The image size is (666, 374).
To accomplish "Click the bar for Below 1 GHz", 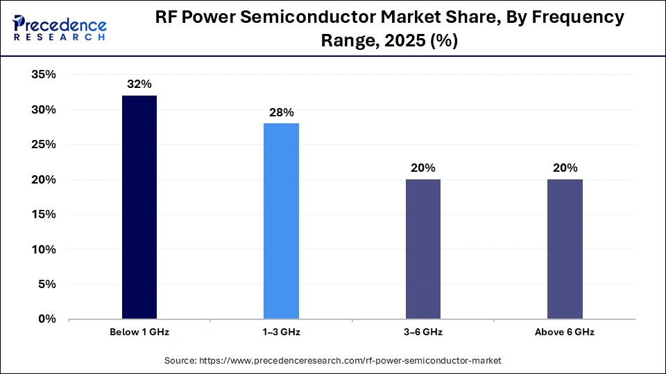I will [x=139, y=207].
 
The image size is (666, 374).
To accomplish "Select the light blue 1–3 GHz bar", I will [x=281, y=221].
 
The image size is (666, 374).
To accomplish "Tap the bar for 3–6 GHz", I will [x=422, y=249].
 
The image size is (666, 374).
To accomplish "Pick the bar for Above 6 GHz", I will [x=565, y=249].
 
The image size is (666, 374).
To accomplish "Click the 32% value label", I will [x=139, y=84].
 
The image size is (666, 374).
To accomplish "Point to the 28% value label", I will [x=281, y=112].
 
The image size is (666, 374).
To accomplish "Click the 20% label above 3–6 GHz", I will [x=422, y=168].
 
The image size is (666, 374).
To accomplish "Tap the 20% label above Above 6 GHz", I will [x=565, y=168].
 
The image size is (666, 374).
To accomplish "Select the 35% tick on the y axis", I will [x=44, y=75].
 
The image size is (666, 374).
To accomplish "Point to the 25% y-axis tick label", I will [x=44, y=145].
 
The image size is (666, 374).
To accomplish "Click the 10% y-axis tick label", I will [x=44, y=249].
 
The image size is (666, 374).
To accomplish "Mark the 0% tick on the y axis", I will [x=47, y=319].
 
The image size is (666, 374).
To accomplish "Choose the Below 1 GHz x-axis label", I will [x=139, y=332].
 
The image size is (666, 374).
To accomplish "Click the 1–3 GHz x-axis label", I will [x=281, y=332].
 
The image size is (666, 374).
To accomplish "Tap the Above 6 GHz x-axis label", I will [x=565, y=332].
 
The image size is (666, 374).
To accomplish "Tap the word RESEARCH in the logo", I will [x=60, y=37].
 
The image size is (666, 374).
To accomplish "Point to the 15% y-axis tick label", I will [x=44, y=215].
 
